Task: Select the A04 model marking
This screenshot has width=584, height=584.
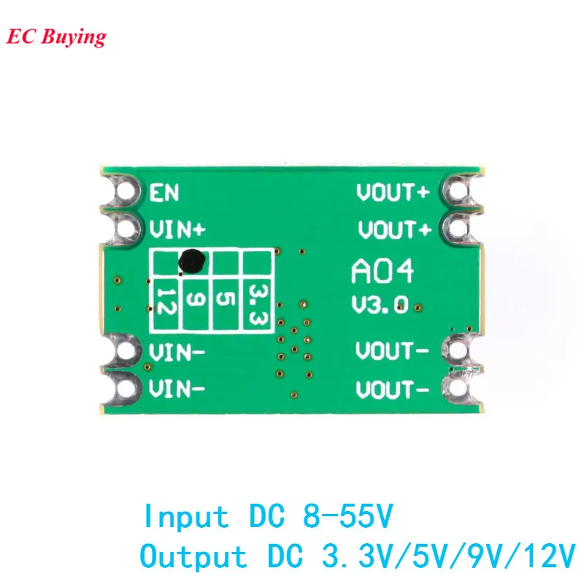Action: pyautogui.click(x=383, y=272)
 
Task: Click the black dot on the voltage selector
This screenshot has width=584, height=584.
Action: pyautogui.click(x=191, y=259)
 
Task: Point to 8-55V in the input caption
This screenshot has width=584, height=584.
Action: pyautogui.click(x=346, y=518)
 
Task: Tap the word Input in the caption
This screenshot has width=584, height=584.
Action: pyautogui.click(x=185, y=518)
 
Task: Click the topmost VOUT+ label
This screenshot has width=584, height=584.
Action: pyautogui.click(x=393, y=193)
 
